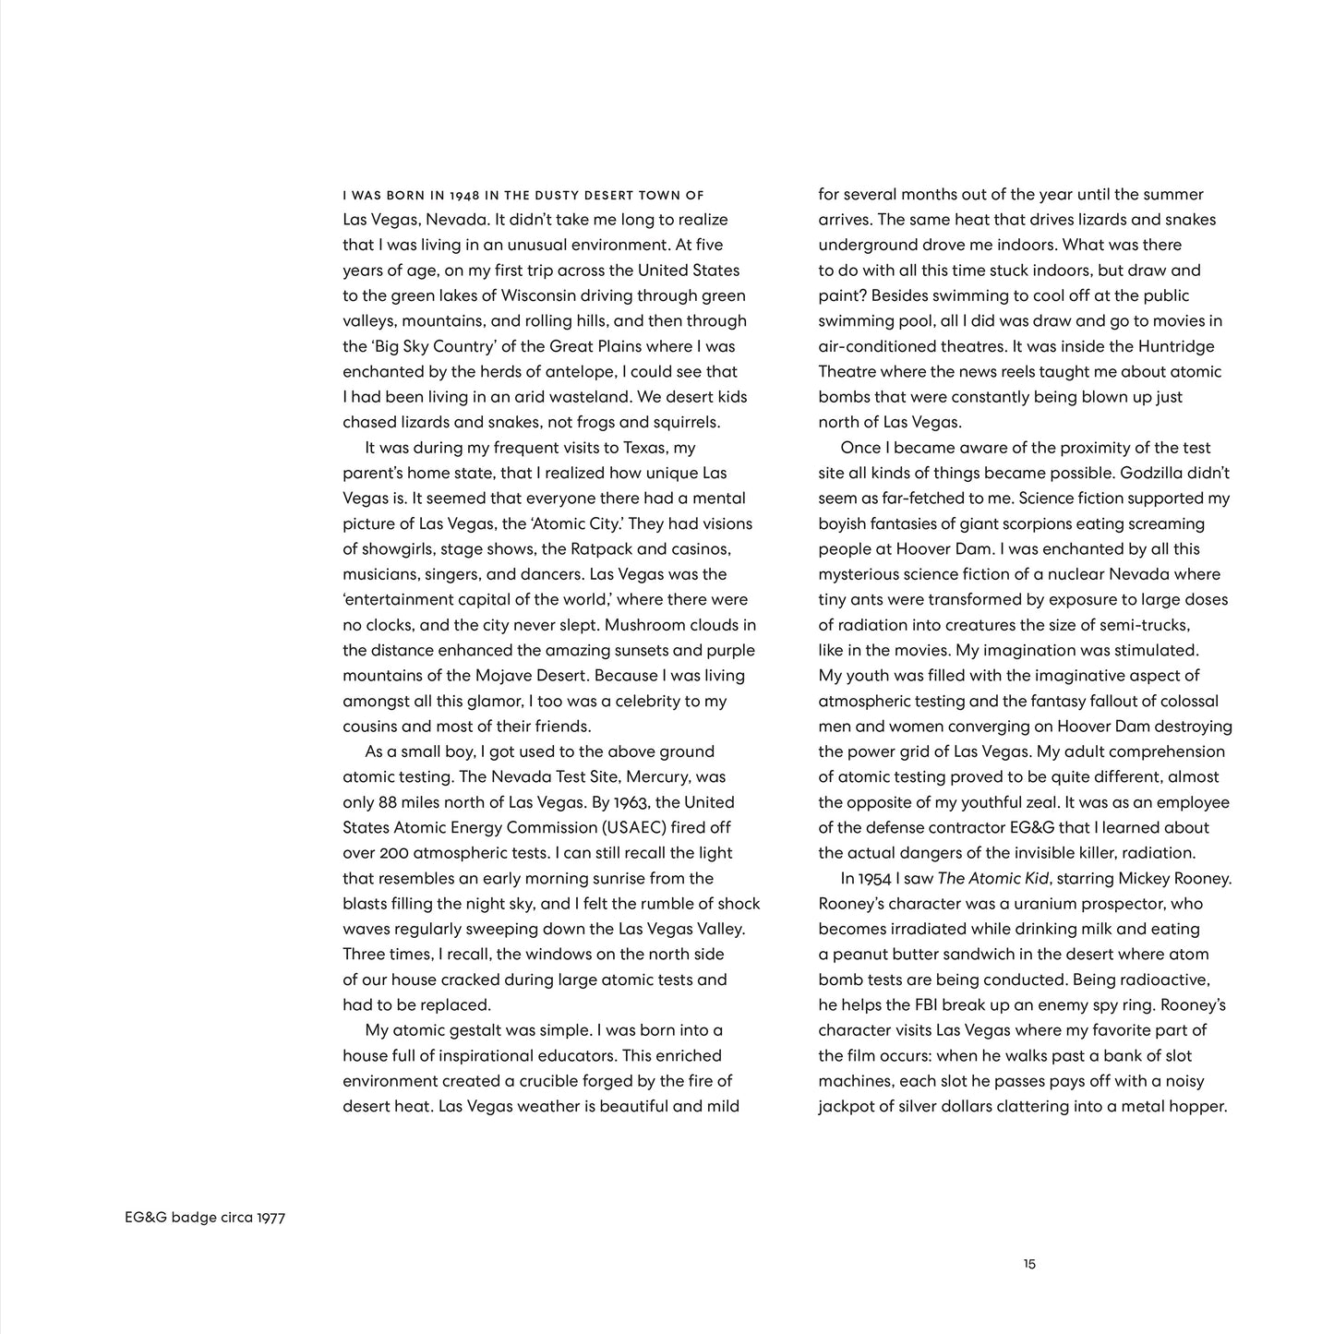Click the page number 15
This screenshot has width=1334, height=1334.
(x=1029, y=1265)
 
